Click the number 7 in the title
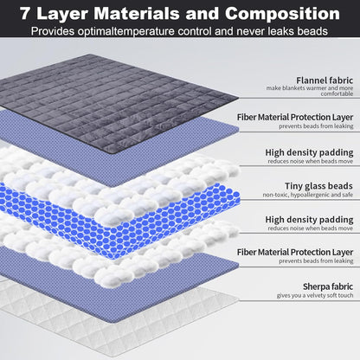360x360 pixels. point(25,14)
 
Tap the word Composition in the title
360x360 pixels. point(282,14)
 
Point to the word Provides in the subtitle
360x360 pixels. point(53,31)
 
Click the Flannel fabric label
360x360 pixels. point(325,80)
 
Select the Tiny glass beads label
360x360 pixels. point(318,186)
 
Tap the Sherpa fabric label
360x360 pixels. point(328,286)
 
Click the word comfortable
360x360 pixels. point(337,93)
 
